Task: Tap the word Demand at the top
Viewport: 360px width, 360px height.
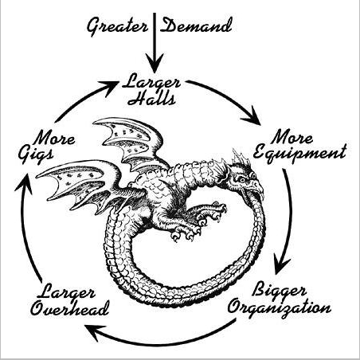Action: click(x=196, y=25)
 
